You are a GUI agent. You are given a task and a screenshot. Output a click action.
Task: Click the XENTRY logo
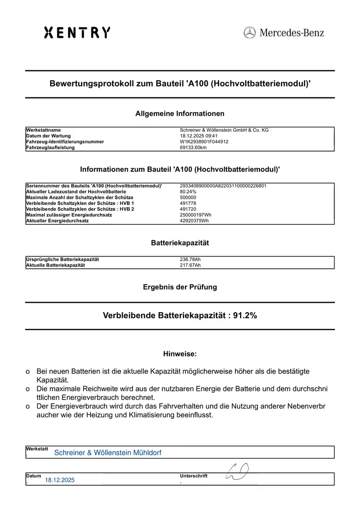77,33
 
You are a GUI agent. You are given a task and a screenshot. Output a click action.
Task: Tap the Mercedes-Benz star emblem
250,33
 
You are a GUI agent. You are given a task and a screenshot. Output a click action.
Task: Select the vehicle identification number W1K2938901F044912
204,142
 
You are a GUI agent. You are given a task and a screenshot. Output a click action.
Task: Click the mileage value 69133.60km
193,147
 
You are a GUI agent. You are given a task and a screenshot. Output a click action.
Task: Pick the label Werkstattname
43,130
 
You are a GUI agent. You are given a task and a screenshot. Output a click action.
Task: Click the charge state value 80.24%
188,192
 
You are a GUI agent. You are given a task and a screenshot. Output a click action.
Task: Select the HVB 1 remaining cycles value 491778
188,203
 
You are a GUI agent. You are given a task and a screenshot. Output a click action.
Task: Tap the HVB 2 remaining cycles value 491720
188,209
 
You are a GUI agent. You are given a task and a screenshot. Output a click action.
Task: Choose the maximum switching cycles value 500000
188,197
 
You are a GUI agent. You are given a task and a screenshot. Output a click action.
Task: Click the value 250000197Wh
196,215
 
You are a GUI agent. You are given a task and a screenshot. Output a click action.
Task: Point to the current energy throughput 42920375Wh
194,221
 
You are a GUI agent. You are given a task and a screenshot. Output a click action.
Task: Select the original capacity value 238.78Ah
191,259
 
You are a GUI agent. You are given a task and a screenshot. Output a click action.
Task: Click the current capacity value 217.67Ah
191,265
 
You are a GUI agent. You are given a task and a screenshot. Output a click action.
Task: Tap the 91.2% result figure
245,316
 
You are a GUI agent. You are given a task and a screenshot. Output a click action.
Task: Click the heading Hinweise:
180,354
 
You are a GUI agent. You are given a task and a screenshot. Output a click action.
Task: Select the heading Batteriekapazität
180,243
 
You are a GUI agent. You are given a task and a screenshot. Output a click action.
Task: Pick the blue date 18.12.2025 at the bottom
60,480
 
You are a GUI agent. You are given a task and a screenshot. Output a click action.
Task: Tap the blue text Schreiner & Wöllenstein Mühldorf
108,453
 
